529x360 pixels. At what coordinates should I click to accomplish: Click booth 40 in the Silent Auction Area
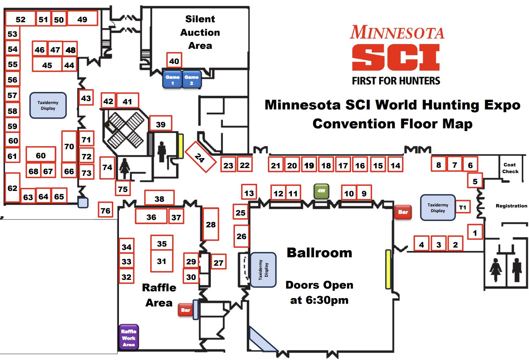coord(174,61)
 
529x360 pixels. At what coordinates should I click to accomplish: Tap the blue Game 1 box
coord(173,79)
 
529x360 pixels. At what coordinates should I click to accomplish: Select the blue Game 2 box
coord(191,79)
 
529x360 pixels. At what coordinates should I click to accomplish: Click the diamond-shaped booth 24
coord(200,157)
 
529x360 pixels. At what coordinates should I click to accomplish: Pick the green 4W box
coord(321,191)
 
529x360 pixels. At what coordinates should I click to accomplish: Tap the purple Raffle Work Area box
coord(129,337)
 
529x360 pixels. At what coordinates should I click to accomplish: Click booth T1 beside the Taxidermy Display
coord(463,207)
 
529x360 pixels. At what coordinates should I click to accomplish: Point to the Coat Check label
coord(510,168)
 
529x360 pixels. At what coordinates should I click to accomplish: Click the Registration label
coord(511,206)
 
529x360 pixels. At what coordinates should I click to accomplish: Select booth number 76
coord(105,210)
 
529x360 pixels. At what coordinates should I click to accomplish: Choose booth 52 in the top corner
coord(21,19)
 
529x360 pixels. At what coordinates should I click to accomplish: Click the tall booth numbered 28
coord(211,224)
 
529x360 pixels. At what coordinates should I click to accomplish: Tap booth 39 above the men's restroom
coord(161,124)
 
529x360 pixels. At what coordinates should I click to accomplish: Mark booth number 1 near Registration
coord(475,232)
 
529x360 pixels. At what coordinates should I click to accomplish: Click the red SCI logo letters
coord(396,58)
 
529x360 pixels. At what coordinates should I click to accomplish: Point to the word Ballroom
coord(319,253)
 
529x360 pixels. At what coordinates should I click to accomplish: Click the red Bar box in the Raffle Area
coord(186,310)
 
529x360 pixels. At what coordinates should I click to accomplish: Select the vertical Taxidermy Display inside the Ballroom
coord(263,270)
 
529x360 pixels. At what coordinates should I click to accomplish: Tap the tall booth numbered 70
coord(69,146)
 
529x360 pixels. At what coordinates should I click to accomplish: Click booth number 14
coord(395,165)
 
